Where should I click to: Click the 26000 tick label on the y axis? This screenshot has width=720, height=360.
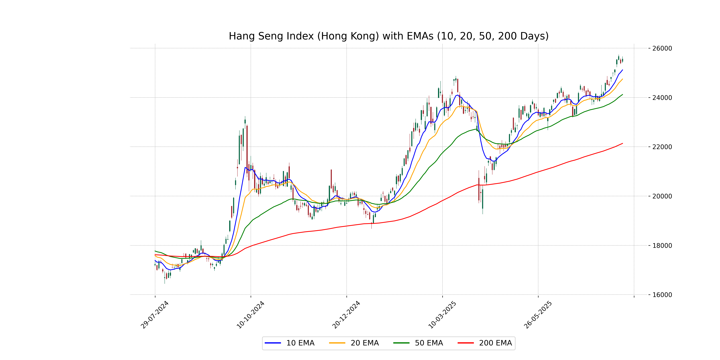tap(662, 48)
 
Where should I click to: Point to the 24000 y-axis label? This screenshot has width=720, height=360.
tap(662, 98)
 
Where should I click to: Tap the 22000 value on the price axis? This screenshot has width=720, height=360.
tap(662, 147)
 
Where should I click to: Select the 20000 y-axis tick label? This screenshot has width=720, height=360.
tap(662, 196)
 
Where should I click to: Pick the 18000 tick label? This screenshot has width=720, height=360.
tap(662, 246)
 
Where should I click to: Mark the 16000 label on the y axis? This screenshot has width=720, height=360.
tap(662, 295)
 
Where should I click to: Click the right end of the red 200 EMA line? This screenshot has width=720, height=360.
tap(622, 143)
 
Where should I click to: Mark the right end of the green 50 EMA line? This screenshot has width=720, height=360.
tap(622, 94)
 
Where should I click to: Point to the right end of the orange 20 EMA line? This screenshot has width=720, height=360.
tap(622, 79)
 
